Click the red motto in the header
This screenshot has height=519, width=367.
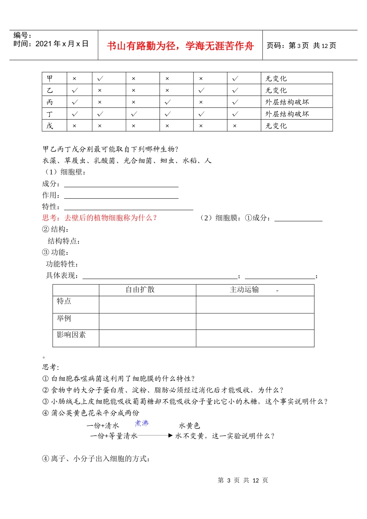point(180,46)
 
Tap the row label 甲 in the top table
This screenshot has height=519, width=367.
point(50,79)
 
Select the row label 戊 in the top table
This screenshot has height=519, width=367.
point(50,126)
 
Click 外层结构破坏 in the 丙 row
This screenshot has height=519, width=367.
point(287,102)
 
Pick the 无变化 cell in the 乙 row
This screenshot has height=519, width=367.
point(276,90)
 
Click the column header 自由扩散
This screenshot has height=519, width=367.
point(140,290)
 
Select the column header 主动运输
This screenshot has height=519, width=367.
point(244,290)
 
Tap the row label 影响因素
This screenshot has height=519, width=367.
point(71,335)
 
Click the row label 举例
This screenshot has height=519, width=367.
point(64,318)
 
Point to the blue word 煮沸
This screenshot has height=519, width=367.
point(142,423)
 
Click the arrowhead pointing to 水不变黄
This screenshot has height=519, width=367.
point(170,435)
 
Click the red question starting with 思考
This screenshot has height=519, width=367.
point(100,218)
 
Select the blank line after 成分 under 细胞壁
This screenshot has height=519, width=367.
point(121,186)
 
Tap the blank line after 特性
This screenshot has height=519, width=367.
point(128,209)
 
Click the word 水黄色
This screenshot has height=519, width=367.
point(189,426)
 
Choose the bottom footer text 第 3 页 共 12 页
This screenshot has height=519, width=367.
point(243,480)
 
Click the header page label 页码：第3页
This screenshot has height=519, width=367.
point(288,46)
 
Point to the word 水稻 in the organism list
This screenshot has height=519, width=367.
point(190,160)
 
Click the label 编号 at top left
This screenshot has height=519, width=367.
point(23,36)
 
